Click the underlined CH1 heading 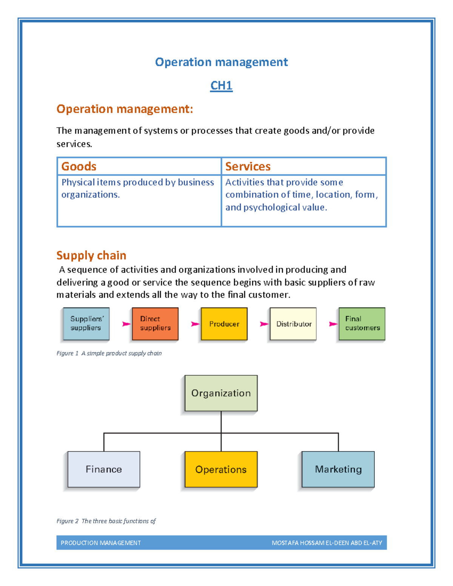(221, 86)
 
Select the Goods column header (79, 166)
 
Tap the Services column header (248, 166)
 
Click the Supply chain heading (91, 255)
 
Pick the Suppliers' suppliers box (86, 324)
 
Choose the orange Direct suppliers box (155, 324)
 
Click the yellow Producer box (224, 324)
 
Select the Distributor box (293, 324)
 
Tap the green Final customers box (362, 324)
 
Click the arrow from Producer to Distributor (264, 324)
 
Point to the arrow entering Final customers (333, 324)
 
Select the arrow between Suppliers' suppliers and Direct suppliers (126, 324)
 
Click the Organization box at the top (221, 393)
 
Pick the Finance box (104, 469)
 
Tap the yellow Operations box (221, 469)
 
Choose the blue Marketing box (338, 469)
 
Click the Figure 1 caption (109, 353)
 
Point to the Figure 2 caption (106, 521)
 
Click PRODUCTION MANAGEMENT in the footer (101, 543)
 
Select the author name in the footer (327, 543)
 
